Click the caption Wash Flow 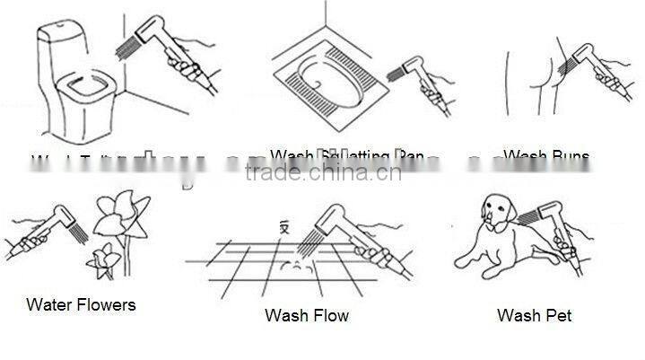pos(307,315)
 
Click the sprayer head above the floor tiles pos(323,222)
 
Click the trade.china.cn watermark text pos(323,172)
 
